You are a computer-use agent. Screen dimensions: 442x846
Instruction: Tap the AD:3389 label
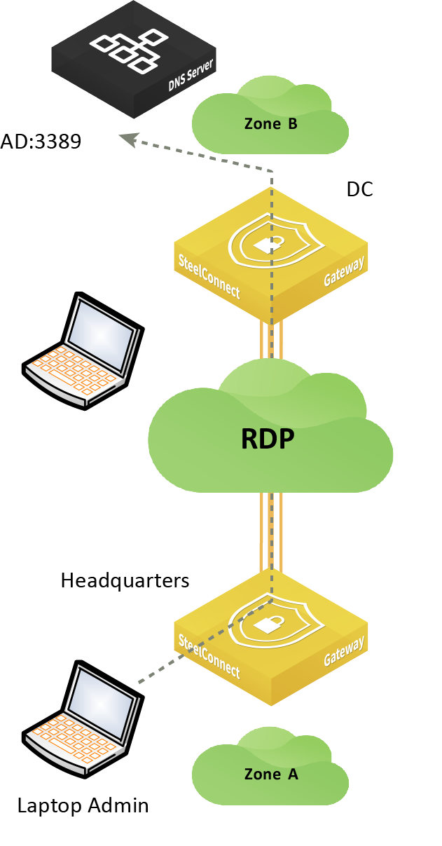tap(41, 142)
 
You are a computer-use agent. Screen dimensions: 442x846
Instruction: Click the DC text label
tap(360, 189)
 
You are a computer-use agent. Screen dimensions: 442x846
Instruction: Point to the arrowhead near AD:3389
tap(128, 139)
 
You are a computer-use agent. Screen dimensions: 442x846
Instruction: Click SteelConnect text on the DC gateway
tap(209, 277)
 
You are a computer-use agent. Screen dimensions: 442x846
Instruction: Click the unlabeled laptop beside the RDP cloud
tap(83, 350)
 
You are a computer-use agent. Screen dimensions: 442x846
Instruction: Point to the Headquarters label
tap(125, 580)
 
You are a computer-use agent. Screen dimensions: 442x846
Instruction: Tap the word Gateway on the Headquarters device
tap(344, 650)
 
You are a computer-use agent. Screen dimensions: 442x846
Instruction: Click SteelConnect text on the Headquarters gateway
tap(209, 657)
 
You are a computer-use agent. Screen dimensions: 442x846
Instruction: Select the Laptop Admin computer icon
tap(83, 719)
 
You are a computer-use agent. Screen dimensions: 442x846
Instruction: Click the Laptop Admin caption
tap(83, 805)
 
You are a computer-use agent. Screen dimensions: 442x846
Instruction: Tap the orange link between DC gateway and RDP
tap(271, 341)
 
